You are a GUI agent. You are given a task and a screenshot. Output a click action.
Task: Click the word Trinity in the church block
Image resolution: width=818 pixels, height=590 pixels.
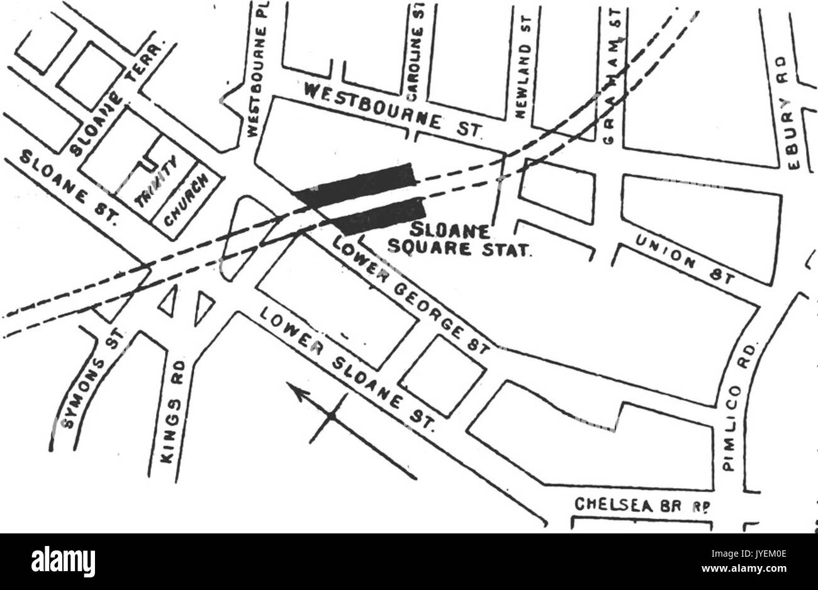point(157,182)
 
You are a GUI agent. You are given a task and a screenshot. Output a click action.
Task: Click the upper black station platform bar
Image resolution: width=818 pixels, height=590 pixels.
point(356,184)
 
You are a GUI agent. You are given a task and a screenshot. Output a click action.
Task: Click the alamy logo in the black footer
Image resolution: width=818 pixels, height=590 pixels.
point(63,560)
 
